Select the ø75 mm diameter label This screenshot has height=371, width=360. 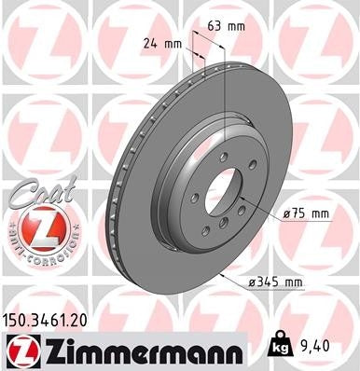(306, 213)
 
